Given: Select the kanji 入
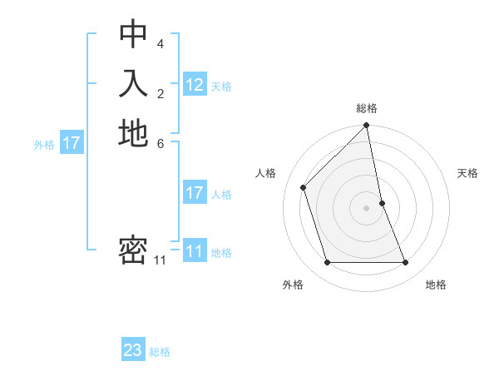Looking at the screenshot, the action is click(x=133, y=84).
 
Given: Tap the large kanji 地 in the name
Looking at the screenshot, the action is click(x=133, y=133).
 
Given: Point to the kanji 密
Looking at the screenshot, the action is click(x=133, y=250).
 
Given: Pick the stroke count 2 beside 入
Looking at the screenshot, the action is click(x=161, y=92).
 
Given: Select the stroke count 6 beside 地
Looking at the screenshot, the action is click(x=161, y=142).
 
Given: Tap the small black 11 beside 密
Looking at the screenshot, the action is click(x=161, y=260).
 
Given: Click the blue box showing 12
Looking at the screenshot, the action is click(x=195, y=85).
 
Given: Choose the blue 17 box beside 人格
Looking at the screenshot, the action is click(x=195, y=193).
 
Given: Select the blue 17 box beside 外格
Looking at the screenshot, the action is click(x=72, y=143).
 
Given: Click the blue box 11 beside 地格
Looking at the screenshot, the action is click(x=195, y=251).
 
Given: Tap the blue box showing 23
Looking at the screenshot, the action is click(x=133, y=350).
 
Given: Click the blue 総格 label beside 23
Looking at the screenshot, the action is click(x=160, y=352).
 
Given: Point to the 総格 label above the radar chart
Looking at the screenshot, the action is click(x=367, y=108).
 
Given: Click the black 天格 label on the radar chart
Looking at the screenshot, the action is click(x=467, y=173).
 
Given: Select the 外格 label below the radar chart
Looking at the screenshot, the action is click(x=293, y=285).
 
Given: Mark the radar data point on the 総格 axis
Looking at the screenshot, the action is click(x=367, y=126).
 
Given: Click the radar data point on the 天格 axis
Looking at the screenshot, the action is click(x=382, y=203).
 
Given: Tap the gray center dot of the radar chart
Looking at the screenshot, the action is click(x=367, y=208).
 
